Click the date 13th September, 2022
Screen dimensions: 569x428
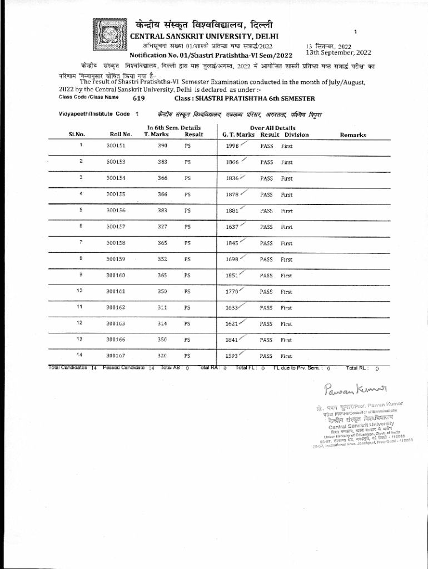coord(338,53)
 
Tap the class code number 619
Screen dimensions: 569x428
coord(138,99)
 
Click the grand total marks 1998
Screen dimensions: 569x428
coord(232,146)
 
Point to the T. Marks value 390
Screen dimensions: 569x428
coord(162,146)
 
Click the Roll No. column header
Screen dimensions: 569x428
coord(121,134)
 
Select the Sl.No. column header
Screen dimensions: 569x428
coord(77,134)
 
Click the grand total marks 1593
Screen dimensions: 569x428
coord(232,356)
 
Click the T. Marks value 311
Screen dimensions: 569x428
coord(162,307)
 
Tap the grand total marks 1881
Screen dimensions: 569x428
coord(232,211)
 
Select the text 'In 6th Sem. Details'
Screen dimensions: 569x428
coord(174,128)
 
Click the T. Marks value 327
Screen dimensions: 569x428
coord(162,227)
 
